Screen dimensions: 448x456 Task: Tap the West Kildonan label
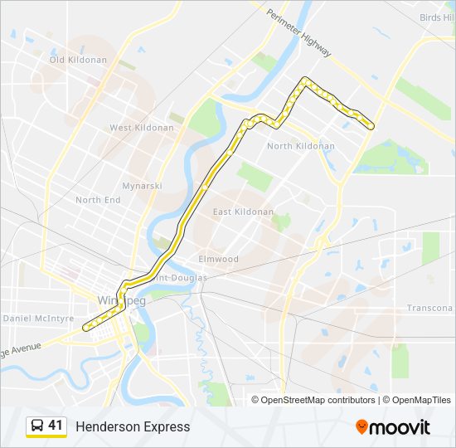142,128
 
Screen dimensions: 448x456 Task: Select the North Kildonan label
301,146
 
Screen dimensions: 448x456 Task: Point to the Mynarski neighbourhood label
142,186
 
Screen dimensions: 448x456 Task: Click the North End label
98,200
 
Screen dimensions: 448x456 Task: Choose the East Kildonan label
243,212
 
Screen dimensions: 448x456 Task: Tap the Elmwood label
218,259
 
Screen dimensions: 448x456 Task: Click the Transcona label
429,308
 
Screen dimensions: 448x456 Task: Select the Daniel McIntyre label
39,318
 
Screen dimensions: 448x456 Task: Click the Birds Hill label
437,17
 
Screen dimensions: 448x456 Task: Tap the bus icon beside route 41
37,426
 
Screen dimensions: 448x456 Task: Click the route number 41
56,426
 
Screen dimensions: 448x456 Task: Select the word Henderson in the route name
107,426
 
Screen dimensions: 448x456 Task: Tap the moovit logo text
400,427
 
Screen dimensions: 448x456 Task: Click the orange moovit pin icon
361,427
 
